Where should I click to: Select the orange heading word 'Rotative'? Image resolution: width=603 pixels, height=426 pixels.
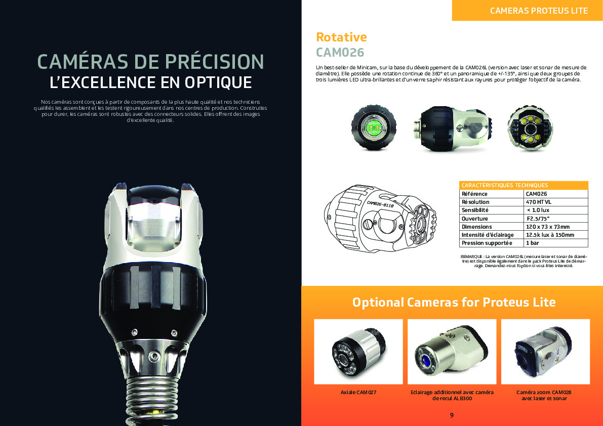(341, 37)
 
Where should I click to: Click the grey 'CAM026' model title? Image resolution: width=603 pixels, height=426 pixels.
(340, 53)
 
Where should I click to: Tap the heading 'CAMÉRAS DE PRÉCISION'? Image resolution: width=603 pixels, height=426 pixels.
(150, 61)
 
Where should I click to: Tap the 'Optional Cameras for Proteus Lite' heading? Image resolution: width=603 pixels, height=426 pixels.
(454, 303)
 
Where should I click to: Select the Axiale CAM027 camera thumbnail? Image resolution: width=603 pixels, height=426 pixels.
(358, 352)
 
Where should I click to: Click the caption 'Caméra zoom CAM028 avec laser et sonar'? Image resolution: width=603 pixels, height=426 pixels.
(544, 395)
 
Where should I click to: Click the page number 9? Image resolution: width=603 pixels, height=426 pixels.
(452, 415)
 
